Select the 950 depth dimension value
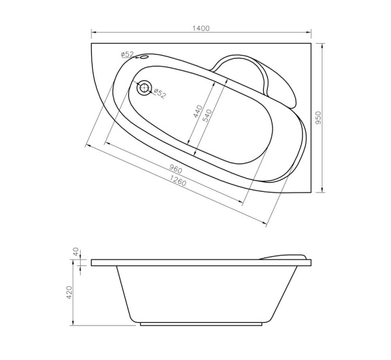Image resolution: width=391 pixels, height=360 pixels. [319, 118]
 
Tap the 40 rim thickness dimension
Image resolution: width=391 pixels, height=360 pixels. [76, 251]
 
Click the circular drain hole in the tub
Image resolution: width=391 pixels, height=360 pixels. [144, 87]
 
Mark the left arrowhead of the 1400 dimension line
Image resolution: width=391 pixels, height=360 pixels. [92, 33]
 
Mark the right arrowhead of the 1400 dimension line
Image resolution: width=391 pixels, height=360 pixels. [311, 33]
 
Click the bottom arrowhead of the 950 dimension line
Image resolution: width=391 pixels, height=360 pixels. [325, 191]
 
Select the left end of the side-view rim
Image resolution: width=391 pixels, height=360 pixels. [93, 263]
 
